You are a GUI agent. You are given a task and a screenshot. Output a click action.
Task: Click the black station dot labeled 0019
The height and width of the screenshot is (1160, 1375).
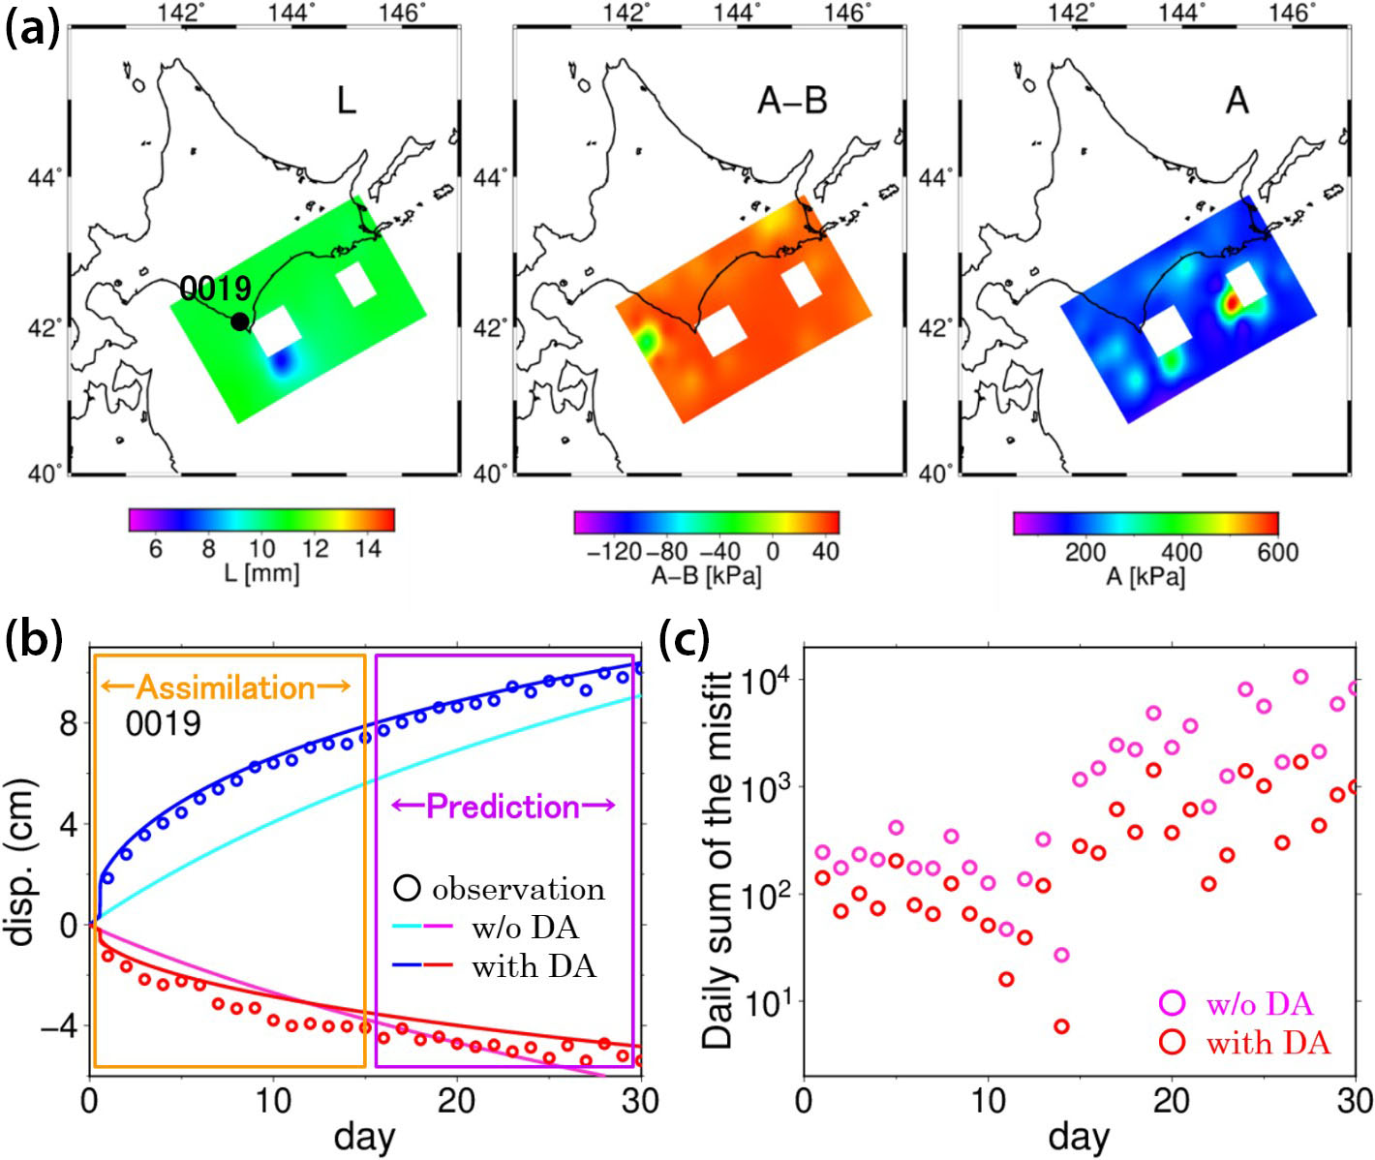pos(239,321)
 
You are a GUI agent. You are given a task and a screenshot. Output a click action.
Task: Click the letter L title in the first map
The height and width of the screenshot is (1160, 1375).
pos(346,100)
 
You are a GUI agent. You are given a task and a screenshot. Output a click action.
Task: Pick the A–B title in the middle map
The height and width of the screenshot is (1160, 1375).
pos(792,100)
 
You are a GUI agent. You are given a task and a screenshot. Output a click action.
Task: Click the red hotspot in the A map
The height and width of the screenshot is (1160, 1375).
pos(1231,303)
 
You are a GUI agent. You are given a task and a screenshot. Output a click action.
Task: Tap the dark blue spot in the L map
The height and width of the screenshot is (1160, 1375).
pos(282,364)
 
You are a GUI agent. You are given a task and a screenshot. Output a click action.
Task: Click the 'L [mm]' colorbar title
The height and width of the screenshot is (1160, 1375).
pos(261,573)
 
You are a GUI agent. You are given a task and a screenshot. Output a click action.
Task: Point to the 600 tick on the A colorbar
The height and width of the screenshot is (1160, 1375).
pos(1277,552)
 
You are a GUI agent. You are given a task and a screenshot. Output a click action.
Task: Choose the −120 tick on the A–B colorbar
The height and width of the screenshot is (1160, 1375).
pos(613,552)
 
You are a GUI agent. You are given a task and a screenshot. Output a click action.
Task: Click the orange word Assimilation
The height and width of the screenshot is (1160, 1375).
pos(226,687)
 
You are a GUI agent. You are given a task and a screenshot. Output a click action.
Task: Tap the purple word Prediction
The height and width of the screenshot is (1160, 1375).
pos(503,807)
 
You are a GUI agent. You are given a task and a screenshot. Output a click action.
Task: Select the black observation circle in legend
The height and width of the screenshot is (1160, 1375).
pos(407,888)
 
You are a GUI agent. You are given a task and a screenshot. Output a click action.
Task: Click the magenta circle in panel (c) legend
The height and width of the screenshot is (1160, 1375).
pos(1172,1003)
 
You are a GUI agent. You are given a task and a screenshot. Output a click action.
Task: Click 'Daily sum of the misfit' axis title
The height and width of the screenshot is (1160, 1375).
pos(718,861)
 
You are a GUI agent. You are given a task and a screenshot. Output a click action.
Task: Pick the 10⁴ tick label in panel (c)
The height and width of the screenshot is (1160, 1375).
pos(765,680)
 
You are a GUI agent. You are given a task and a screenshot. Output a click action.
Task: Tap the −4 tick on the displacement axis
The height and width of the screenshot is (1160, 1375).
pos(59,1025)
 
